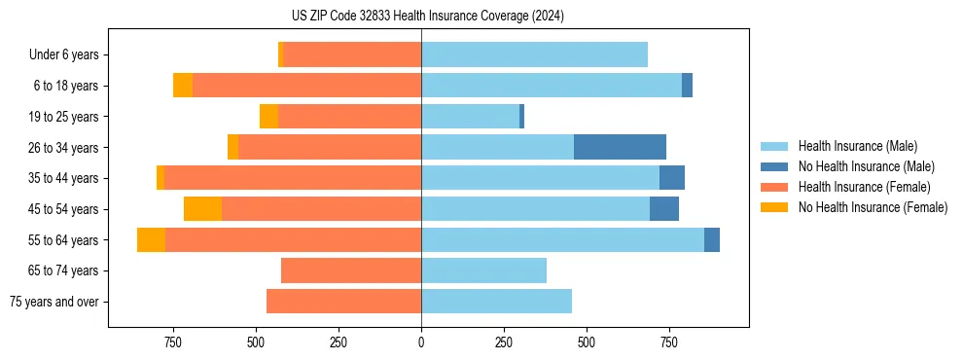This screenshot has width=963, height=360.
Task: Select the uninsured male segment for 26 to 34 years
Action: (620, 147)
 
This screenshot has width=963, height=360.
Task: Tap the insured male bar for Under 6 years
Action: (534, 54)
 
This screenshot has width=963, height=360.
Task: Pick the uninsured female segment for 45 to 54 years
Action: (202, 209)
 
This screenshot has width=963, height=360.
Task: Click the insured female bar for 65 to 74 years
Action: (351, 270)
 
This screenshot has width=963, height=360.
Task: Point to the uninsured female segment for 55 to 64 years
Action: (151, 240)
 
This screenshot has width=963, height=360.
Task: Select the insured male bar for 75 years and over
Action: (496, 302)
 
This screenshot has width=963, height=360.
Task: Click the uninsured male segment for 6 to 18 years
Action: (687, 86)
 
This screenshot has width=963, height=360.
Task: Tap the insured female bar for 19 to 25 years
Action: (349, 117)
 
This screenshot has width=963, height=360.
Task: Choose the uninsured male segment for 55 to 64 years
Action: (712, 240)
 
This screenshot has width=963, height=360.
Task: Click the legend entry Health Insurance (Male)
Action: (857, 146)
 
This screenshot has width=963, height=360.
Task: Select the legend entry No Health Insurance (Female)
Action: (873, 207)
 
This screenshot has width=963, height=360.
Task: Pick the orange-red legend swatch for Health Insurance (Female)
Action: (774, 187)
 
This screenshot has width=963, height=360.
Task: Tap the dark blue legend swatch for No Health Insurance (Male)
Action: (774, 166)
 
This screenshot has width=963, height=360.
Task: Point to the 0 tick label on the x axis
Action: (421, 342)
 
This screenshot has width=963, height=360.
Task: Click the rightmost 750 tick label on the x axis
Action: (669, 342)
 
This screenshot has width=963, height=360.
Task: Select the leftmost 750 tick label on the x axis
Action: (172, 342)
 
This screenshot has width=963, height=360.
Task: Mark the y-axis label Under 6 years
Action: (63, 54)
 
